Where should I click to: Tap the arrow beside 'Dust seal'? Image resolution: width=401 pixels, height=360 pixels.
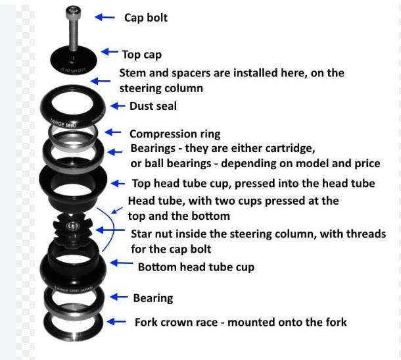(118, 105)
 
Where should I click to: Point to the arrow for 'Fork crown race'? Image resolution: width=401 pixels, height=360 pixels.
(117, 322)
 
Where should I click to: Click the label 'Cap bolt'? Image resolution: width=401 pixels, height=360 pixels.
(146, 18)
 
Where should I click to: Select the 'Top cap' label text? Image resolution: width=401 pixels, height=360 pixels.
(141, 54)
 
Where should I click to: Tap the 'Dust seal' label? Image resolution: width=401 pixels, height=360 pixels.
(153, 105)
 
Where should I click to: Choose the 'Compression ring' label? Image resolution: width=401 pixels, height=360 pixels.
(173, 134)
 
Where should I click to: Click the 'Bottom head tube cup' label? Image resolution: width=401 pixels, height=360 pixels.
(196, 267)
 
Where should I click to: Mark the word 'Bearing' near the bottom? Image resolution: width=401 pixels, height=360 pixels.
(153, 298)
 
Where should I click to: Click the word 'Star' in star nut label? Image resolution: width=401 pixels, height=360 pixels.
(143, 234)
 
